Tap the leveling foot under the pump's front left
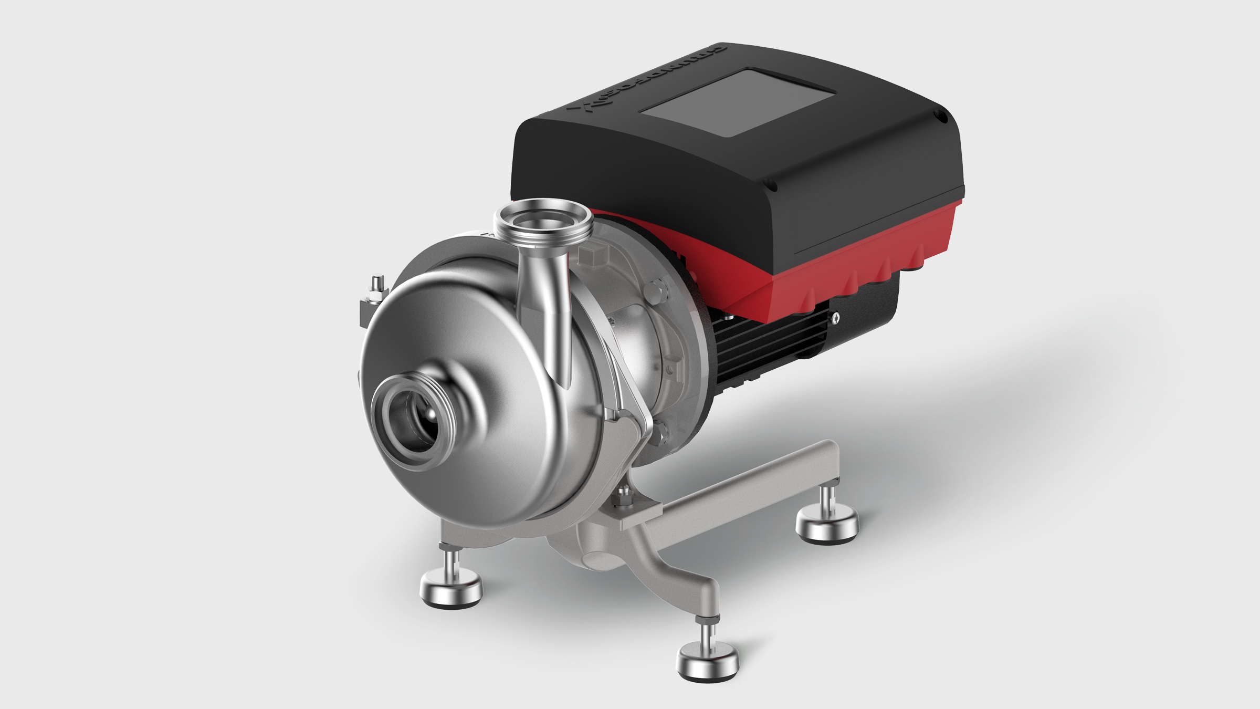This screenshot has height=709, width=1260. tap(451, 587)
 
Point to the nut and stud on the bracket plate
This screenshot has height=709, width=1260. tap(625, 496)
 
